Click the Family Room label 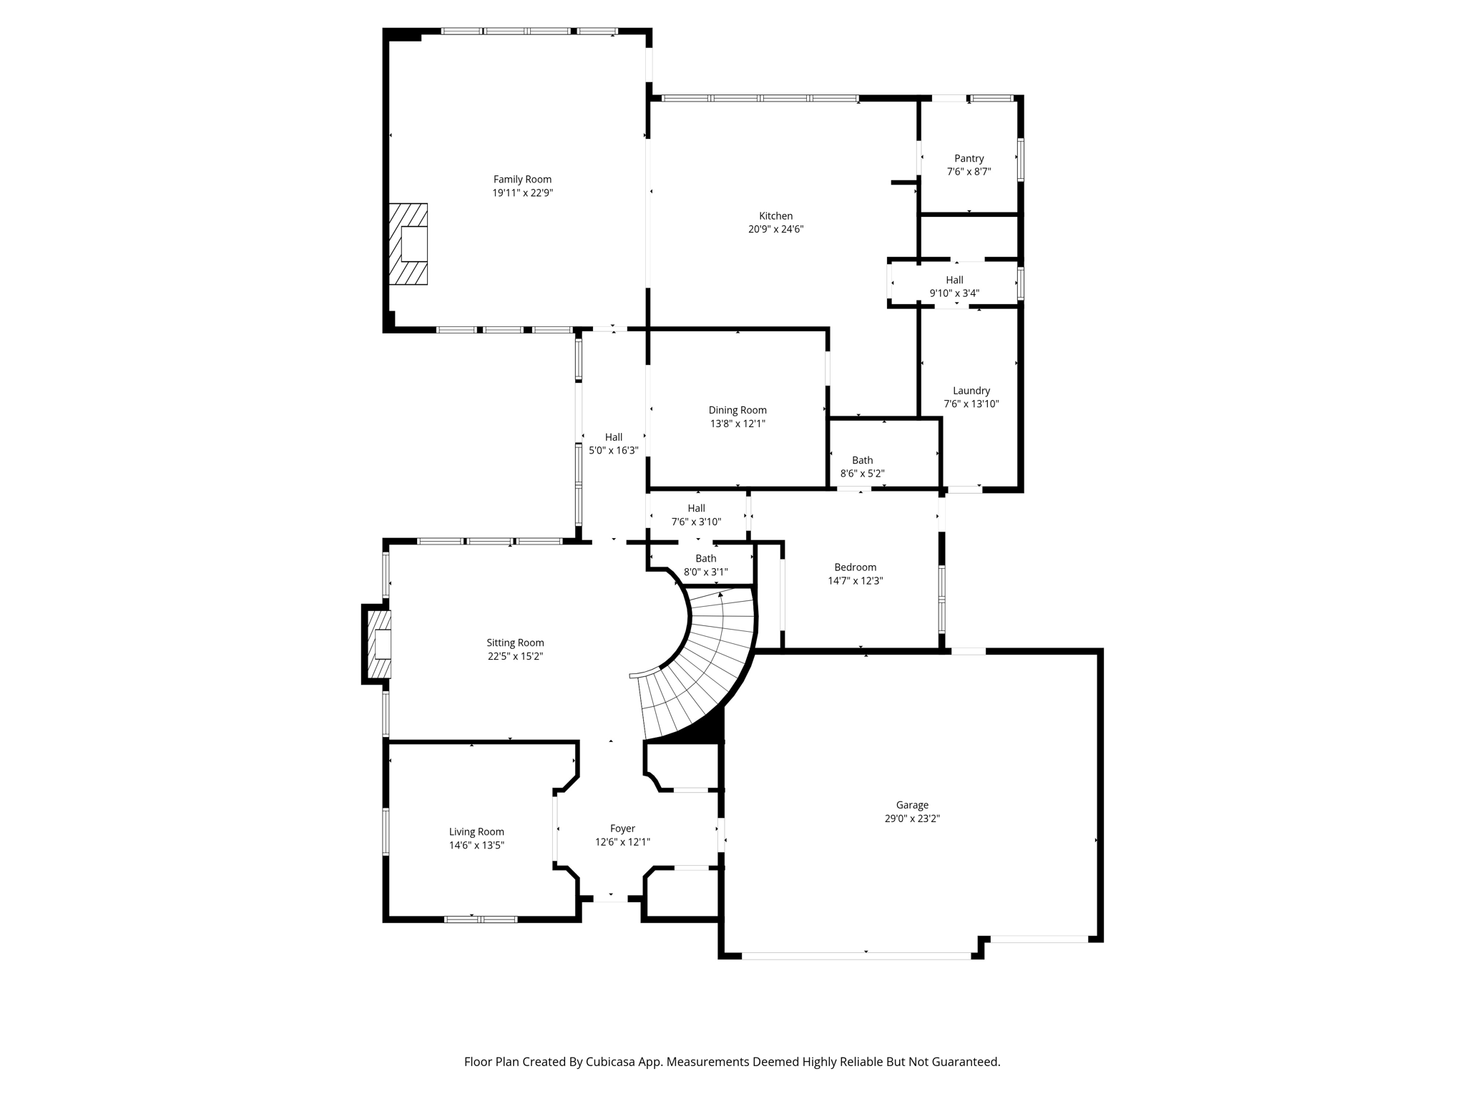522,180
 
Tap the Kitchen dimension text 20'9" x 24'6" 775,230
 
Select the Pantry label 969,159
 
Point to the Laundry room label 971,391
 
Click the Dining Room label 737,410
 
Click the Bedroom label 855,567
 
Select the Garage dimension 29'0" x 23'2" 911,819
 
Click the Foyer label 622,829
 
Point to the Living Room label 476,831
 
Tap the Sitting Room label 515,643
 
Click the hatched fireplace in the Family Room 408,244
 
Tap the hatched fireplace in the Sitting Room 378,644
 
